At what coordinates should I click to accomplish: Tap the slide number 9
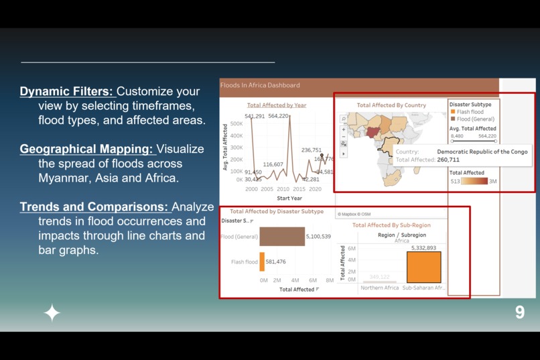tap(519, 312)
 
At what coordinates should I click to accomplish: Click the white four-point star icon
tap(52, 313)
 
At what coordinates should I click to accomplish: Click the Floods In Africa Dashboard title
tap(261, 85)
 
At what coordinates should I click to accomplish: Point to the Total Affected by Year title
tap(276, 105)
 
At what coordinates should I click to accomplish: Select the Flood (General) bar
tap(282, 237)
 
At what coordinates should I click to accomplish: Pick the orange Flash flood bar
tap(262, 262)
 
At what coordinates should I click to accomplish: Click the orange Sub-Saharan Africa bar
tap(423, 267)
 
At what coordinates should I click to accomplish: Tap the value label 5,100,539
tap(318, 237)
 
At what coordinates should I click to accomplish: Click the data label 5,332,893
tap(423, 248)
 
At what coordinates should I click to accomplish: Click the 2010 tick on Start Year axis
tap(283, 190)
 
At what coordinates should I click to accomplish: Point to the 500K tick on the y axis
tap(237, 124)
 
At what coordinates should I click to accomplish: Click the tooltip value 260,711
tap(448, 160)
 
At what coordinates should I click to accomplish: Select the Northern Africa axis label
tap(379, 288)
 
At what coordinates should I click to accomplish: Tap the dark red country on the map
tap(370, 132)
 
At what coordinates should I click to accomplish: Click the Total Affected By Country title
tap(391, 105)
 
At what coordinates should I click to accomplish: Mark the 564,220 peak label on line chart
tap(278, 117)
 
